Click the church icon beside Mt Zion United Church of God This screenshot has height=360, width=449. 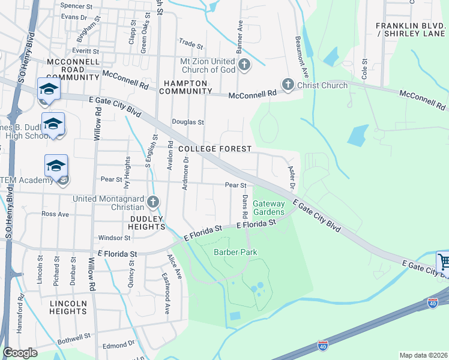(x=244, y=64)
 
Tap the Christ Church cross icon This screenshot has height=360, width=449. (x=288, y=85)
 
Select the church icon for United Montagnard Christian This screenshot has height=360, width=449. (x=154, y=202)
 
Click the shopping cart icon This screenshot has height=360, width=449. (x=444, y=262)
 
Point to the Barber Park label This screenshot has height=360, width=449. (x=235, y=252)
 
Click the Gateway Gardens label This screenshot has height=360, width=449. (x=268, y=208)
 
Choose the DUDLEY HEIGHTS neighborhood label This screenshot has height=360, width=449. (x=146, y=223)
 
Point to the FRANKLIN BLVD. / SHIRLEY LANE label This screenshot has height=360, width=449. (x=411, y=29)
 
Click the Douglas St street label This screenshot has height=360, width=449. (x=188, y=122)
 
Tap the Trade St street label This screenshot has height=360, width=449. (x=191, y=43)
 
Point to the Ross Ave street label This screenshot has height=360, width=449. (x=55, y=214)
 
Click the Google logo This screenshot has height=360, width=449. (x=20, y=353)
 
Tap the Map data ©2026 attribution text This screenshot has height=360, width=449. (x=423, y=355)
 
